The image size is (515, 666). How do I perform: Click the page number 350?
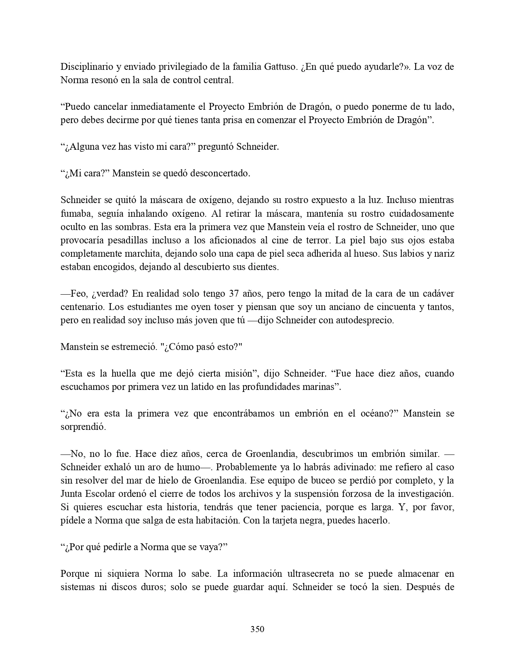pos(257,629)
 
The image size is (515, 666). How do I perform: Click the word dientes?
pos(264,267)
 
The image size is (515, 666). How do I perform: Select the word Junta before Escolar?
pos(72,494)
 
